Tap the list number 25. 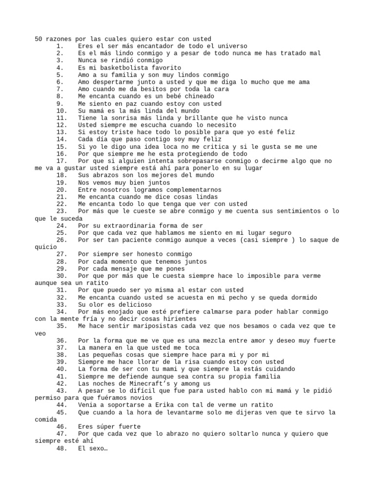tap(61, 232)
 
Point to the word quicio tap(46, 247)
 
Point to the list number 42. tap(61, 383)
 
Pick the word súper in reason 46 tap(107, 426)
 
